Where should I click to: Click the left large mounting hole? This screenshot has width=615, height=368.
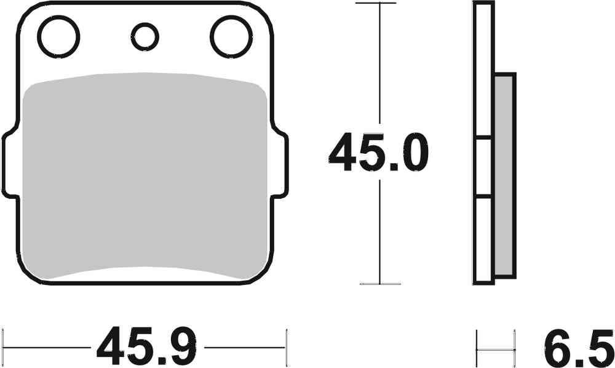[x=58, y=36]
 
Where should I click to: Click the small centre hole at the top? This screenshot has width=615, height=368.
[x=145, y=36]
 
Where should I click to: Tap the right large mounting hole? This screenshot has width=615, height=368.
[x=232, y=36]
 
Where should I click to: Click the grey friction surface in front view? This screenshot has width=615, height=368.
[x=145, y=175]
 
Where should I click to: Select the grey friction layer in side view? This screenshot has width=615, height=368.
[x=505, y=175]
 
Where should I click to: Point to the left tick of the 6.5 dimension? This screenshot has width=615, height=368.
[x=477, y=348]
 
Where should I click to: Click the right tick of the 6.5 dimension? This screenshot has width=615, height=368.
[x=514, y=348]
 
